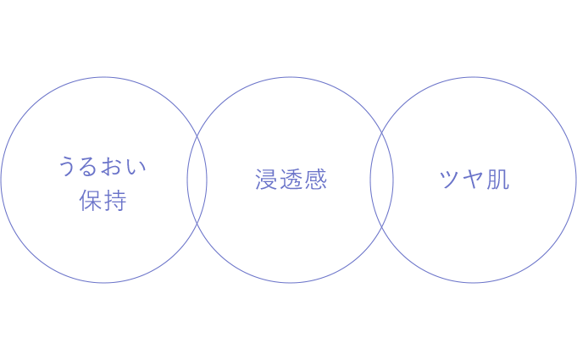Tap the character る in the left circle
[x=89, y=166]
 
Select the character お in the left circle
[x=113, y=166]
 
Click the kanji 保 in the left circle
[x=90, y=201]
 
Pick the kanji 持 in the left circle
[x=115, y=201]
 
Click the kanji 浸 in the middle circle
[x=266, y=180]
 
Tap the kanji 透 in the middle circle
[x=291, y=180]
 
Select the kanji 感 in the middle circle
[x=316, y=180]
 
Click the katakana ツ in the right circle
[x=450, y=180]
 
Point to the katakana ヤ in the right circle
[x=474, y=180]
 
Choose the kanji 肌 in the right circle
[x=498, y=180]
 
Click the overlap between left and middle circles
[x=197, y=180]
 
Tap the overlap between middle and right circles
[x=381, y=180]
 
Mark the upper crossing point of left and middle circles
[x=197, y=136]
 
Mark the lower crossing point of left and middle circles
[x=197, y=224]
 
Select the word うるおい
[x=103, y=166]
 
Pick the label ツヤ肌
[x=474, y=180]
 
